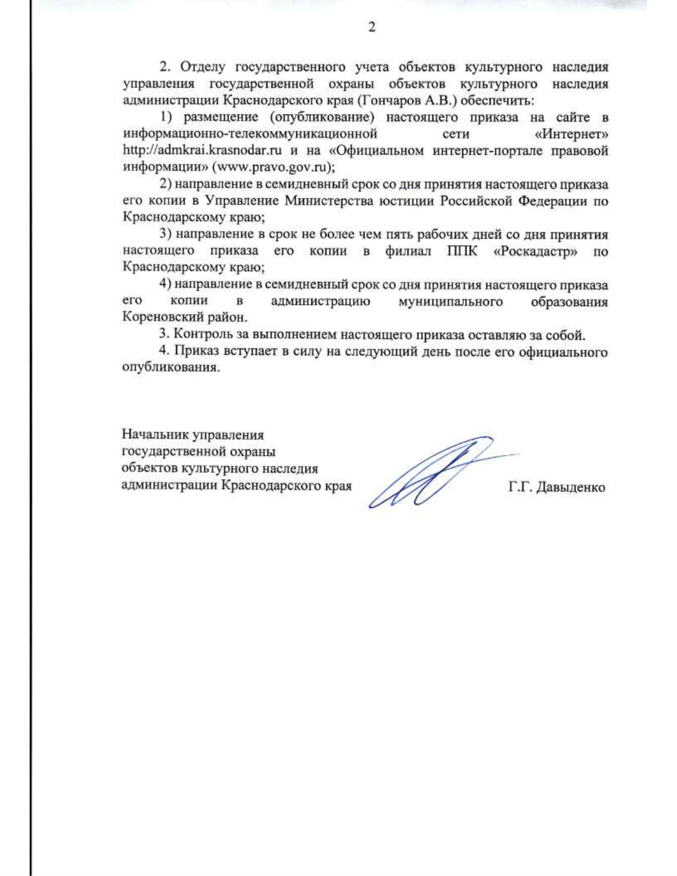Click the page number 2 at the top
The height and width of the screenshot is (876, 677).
[371, 28]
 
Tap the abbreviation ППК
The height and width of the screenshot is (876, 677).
[461, 251]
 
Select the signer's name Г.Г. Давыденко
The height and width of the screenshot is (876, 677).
[556, 487]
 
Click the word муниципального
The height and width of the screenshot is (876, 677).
[450, 301]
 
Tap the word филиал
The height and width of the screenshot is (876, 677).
[408, 251]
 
